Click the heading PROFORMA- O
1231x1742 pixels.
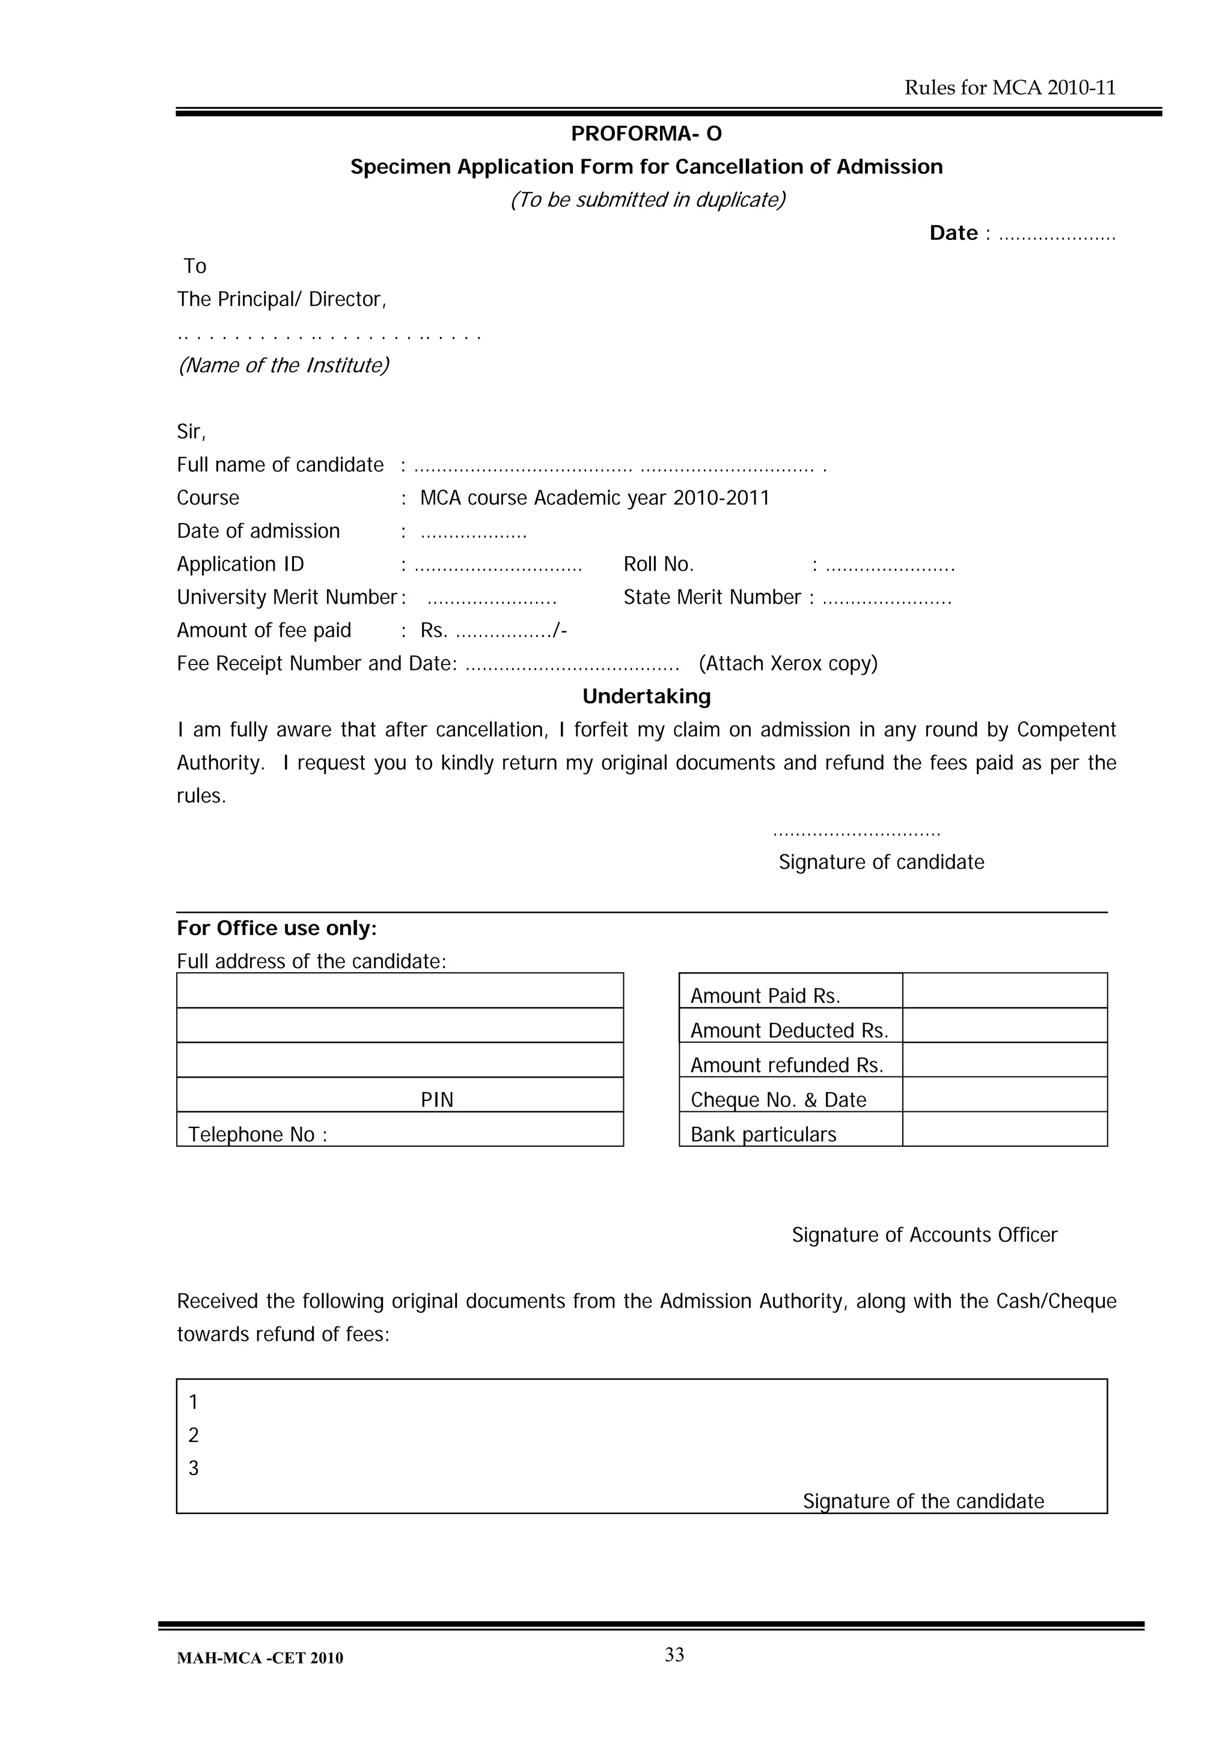point(646,133)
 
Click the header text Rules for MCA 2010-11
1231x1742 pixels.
point(1010,88)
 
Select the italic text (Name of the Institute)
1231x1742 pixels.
point(283,366)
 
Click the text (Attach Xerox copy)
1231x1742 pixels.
point(788,664)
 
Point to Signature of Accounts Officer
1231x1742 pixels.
point(924,1235)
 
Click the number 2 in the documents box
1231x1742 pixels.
point(194,1435)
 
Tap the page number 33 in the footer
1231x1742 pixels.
point(674,1655)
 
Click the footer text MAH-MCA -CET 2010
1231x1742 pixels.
point(260,1658)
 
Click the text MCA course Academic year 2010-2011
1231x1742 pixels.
point(594,498)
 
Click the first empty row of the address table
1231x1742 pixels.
point(400,990)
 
